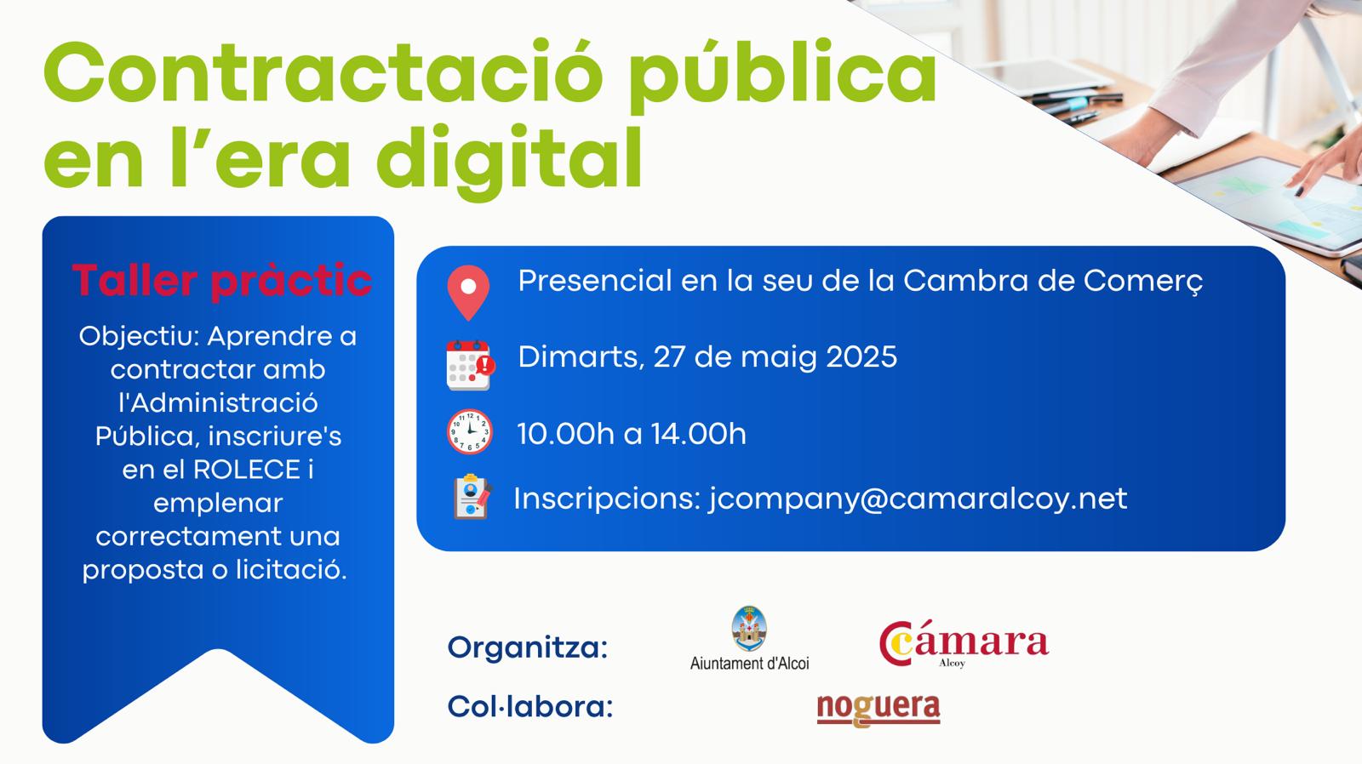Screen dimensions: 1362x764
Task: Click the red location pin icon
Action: (468, 293)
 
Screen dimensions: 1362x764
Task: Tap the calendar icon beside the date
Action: (470, 365)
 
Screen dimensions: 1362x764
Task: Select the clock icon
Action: (469, 432)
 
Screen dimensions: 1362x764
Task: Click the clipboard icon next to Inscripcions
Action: (472, 497)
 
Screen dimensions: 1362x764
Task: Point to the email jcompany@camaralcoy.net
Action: (918, 499)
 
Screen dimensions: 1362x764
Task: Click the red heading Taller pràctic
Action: (222, 280)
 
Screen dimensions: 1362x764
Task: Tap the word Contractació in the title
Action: (323, 73)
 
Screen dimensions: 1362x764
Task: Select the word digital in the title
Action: (509, 159)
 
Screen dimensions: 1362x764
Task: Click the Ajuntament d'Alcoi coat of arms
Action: (748, 629)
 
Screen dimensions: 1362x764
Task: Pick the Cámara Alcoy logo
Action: (964, 644)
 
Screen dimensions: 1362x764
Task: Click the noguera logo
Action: (878, 710)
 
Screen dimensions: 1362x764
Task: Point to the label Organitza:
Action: (528, 648)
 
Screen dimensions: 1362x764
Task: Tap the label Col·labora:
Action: (530, 706)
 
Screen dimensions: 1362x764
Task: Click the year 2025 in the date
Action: (861, 356)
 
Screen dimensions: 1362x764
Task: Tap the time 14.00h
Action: (699, 434)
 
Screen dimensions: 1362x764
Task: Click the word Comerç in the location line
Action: (1143, 282)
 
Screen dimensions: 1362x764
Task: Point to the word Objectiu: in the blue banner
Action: (140, 337)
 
